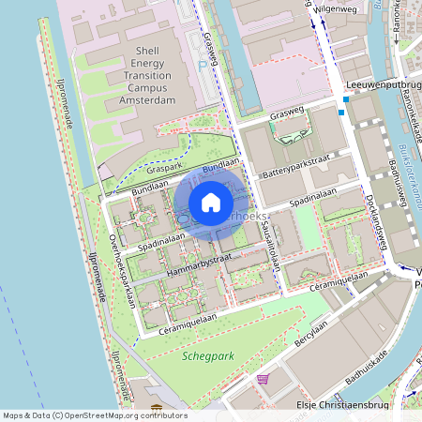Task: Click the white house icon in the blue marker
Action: pos(211,203)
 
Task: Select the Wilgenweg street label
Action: pos(339,8)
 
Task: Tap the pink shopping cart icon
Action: pos(262,380)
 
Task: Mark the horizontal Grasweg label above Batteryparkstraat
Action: pos(287,114)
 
